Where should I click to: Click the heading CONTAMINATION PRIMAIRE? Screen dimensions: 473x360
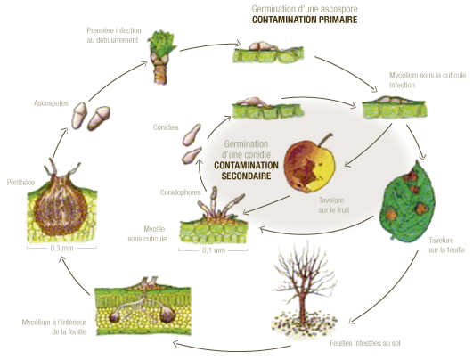pyautogui.click(x=305, y=20)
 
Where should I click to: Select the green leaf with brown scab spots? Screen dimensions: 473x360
pyautogui.click(x=407, y=201)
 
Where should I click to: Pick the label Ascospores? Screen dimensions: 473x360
pyautogui.click(x=51, y=103)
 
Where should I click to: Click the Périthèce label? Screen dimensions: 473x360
pyautogui.click(x=20, y=183)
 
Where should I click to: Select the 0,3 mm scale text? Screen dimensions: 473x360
pyautogui.click(x=61, y=248)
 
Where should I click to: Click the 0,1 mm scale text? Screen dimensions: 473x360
pyautogui.click(x=214, y=250)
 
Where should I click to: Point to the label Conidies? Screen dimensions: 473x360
pyautogui.click(x=166, y=127)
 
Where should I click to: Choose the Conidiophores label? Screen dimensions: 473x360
pyautogui.click(x=181, y=192)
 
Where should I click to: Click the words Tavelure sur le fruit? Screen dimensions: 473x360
pyautogui.click(x=333, y=205)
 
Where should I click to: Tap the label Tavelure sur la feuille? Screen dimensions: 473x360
pyautogui.click(x=447, y=245)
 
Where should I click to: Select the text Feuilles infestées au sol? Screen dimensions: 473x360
pyautogui.click(x=365, y=343)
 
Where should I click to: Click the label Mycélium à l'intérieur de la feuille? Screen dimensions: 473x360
pyautogui.click(x=54, y=327)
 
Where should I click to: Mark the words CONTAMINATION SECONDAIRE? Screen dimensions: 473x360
pyautogui.click(x=246, y=170)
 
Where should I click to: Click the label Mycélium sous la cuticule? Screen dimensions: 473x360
pyautogui.click(x=428, y=75)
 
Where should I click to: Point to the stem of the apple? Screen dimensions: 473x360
pyautogui.click(x=326, y=140)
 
